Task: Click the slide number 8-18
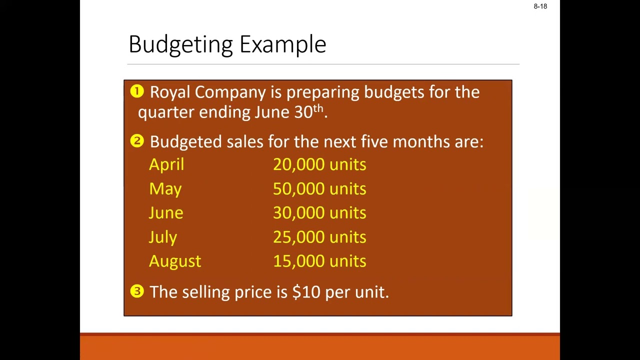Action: point(540,6)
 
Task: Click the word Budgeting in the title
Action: point(181,45)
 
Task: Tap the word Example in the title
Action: point(282,45)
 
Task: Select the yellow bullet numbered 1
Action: point(137,91)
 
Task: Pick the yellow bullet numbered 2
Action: point(137,141)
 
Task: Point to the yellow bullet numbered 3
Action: point(137,291)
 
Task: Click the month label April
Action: point(166,165)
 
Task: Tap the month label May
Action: point(165,189)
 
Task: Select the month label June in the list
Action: point(166,213)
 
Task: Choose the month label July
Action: point(163,237)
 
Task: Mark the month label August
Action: point(175,261)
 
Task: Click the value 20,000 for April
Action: point(298,165)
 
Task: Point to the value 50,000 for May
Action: point(298,189)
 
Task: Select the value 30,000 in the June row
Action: point(298,213)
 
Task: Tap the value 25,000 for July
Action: point(298,237)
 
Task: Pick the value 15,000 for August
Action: point(298,261)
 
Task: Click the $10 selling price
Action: point(306,292)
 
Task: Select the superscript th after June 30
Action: point(318,108)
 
